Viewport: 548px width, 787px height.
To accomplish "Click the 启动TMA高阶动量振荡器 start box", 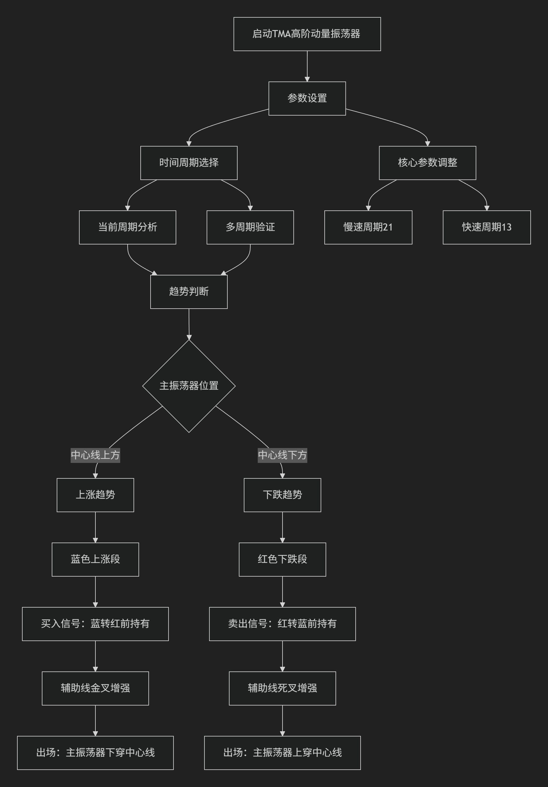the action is click(x=307, y=34).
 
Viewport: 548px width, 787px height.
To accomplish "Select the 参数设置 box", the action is click(x=307, y=99).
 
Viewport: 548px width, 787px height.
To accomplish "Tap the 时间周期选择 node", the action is click(x=189, y=163).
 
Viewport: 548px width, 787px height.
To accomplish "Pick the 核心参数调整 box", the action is click(x=427, y=163).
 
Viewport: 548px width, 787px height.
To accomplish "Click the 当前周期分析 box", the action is click(x=128, y=227).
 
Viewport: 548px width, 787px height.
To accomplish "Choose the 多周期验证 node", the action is click(x=250, y=227).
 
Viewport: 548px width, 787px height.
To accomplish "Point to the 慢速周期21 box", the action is click(x=368, y=227).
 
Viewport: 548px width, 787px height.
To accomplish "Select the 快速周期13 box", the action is click(x=487, y=227).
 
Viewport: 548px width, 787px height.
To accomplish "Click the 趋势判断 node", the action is click(x=189, y=292).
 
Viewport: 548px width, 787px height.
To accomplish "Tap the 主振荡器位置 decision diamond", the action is click(x=189, y=386).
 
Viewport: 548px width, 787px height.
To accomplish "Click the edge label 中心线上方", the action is click(x=95, y=455).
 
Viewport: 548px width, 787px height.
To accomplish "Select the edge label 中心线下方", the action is click(x=283, y=455).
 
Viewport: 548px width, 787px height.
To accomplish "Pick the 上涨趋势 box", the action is click(x=95, y=495).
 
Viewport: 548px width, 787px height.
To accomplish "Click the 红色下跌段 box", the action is click(x=283, y=559).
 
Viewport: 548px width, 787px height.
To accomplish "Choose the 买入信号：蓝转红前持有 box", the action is click(x=95, y=624).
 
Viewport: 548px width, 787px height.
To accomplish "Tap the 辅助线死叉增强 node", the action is click(x=283, y=688).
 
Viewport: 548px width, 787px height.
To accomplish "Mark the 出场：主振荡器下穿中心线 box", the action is click(x=95, y=753).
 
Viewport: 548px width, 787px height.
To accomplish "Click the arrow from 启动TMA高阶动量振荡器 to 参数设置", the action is click(x=307, y=66).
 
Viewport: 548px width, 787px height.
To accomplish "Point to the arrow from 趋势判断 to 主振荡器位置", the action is click(x=189, y=324).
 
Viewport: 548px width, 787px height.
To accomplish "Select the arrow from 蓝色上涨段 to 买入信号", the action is click(x=95, y=591).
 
